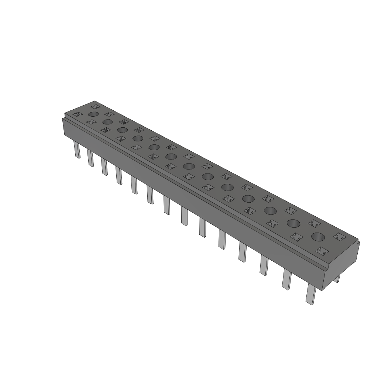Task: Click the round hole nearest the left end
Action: (93, 114)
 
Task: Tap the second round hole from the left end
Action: (107, 122)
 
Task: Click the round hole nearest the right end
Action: (317, 237)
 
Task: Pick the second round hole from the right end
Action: (293, 223)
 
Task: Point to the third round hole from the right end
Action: (270, 211)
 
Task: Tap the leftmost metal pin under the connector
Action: (77, 150)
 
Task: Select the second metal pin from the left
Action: (90, 158)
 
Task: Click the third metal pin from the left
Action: (104, 166)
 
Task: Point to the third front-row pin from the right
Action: (264, 265)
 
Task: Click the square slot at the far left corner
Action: (77, 115)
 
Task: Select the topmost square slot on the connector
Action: (94, 106)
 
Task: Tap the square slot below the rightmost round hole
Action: (321, 251)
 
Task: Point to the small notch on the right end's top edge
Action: (358, 243)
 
